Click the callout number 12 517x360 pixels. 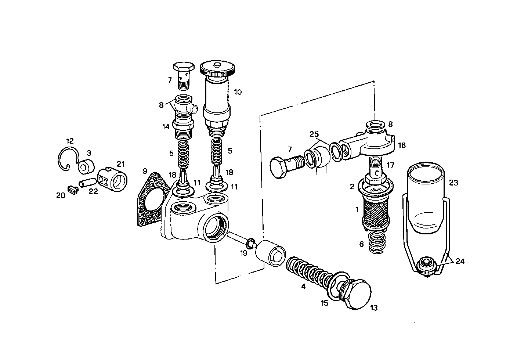[70, 141]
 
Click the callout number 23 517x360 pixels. [453, 183]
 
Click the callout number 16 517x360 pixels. [402, 145]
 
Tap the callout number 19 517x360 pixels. [244, 253]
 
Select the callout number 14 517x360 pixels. [166, 127]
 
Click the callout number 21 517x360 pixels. [121, 163]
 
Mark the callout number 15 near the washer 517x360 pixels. [324, 303]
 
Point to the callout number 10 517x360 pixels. [238, 92]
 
